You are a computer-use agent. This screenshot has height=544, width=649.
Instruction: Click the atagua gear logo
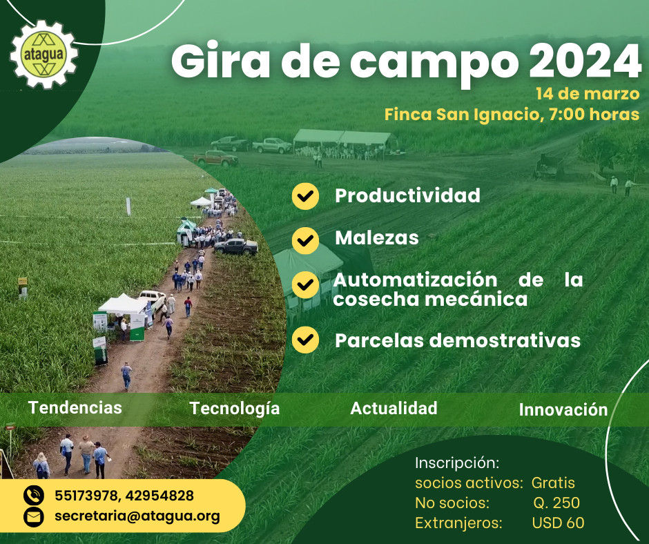coord(44,55)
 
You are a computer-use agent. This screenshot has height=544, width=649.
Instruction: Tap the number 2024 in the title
coord(585,61)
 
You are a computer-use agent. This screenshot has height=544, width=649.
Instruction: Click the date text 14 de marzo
coord(588,94)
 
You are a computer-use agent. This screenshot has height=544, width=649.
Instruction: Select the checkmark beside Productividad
coord(305,196)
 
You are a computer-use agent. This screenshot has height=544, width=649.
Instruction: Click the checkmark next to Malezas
coord(305,240)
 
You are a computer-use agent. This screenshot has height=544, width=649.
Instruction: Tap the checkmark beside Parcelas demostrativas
coord(305,340)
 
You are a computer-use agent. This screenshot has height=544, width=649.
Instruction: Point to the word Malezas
coord(377,238)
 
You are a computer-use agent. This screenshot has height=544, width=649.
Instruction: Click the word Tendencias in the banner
coord(75,407)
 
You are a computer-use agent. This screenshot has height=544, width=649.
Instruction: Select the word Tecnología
coord(235,409)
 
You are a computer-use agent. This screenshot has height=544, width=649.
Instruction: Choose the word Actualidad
coord(394,408)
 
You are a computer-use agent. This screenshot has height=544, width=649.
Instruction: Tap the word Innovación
coord(563,409)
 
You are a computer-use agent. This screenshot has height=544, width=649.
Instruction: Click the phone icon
coord(34,496)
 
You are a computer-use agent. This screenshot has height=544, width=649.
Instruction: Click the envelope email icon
coord(34,516)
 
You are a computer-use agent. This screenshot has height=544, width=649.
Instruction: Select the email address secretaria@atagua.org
coord(137,516)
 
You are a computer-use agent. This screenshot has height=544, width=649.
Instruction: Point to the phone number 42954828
coord(159,496)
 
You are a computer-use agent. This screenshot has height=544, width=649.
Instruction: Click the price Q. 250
coord(556,503)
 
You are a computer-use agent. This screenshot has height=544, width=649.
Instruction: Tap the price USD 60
coord(558,523)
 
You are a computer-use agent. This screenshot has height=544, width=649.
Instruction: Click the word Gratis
coord(553,483)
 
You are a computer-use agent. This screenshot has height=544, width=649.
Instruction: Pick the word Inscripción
coord(457,463)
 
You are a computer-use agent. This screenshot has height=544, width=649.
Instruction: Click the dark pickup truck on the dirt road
coord(236,246)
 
